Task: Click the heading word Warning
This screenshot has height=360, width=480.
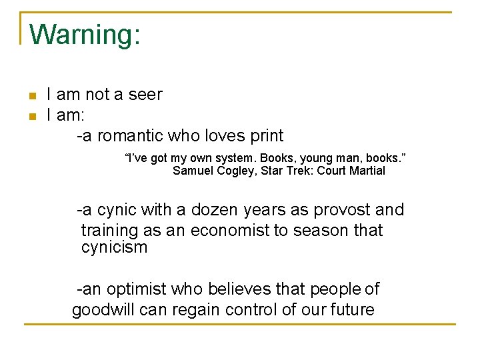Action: [x=85, y=35]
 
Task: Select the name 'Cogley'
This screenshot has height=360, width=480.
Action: [x=237, y=171]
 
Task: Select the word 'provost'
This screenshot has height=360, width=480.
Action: [x=337, y=210]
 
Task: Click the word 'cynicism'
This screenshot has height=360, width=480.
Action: [x=114, y=248]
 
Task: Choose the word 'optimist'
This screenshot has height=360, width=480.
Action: [x=137, y=289]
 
